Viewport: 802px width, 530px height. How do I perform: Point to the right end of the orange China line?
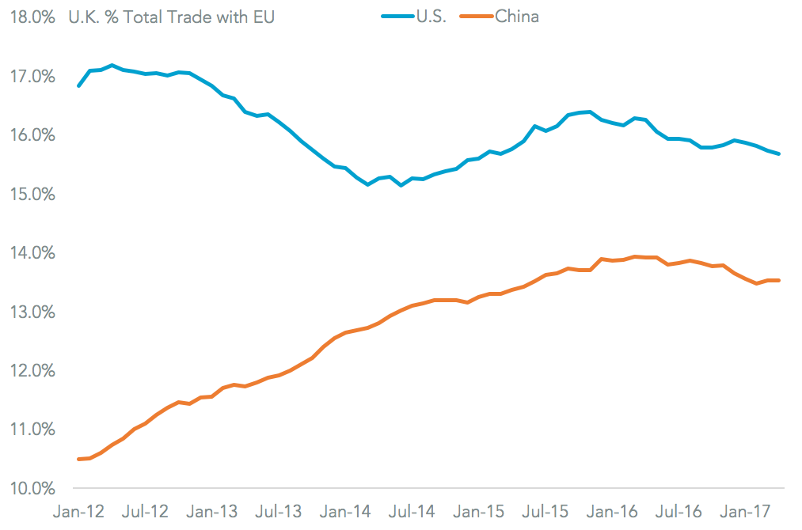pyautogui.click(x=780, y=280)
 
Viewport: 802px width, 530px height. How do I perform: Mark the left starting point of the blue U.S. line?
pyautogui.click(x=78, y=85)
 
